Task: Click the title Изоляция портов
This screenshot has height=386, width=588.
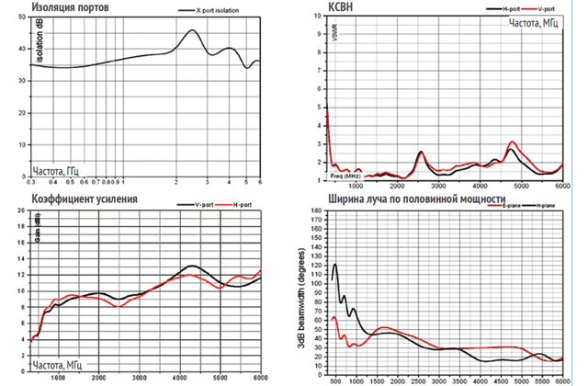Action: (x=67, y=7)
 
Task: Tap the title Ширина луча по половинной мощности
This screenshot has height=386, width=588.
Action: (x=411, y=198)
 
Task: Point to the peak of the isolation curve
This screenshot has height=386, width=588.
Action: (x=192, y=30)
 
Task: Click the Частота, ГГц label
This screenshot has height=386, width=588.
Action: (x=60, y=171)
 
